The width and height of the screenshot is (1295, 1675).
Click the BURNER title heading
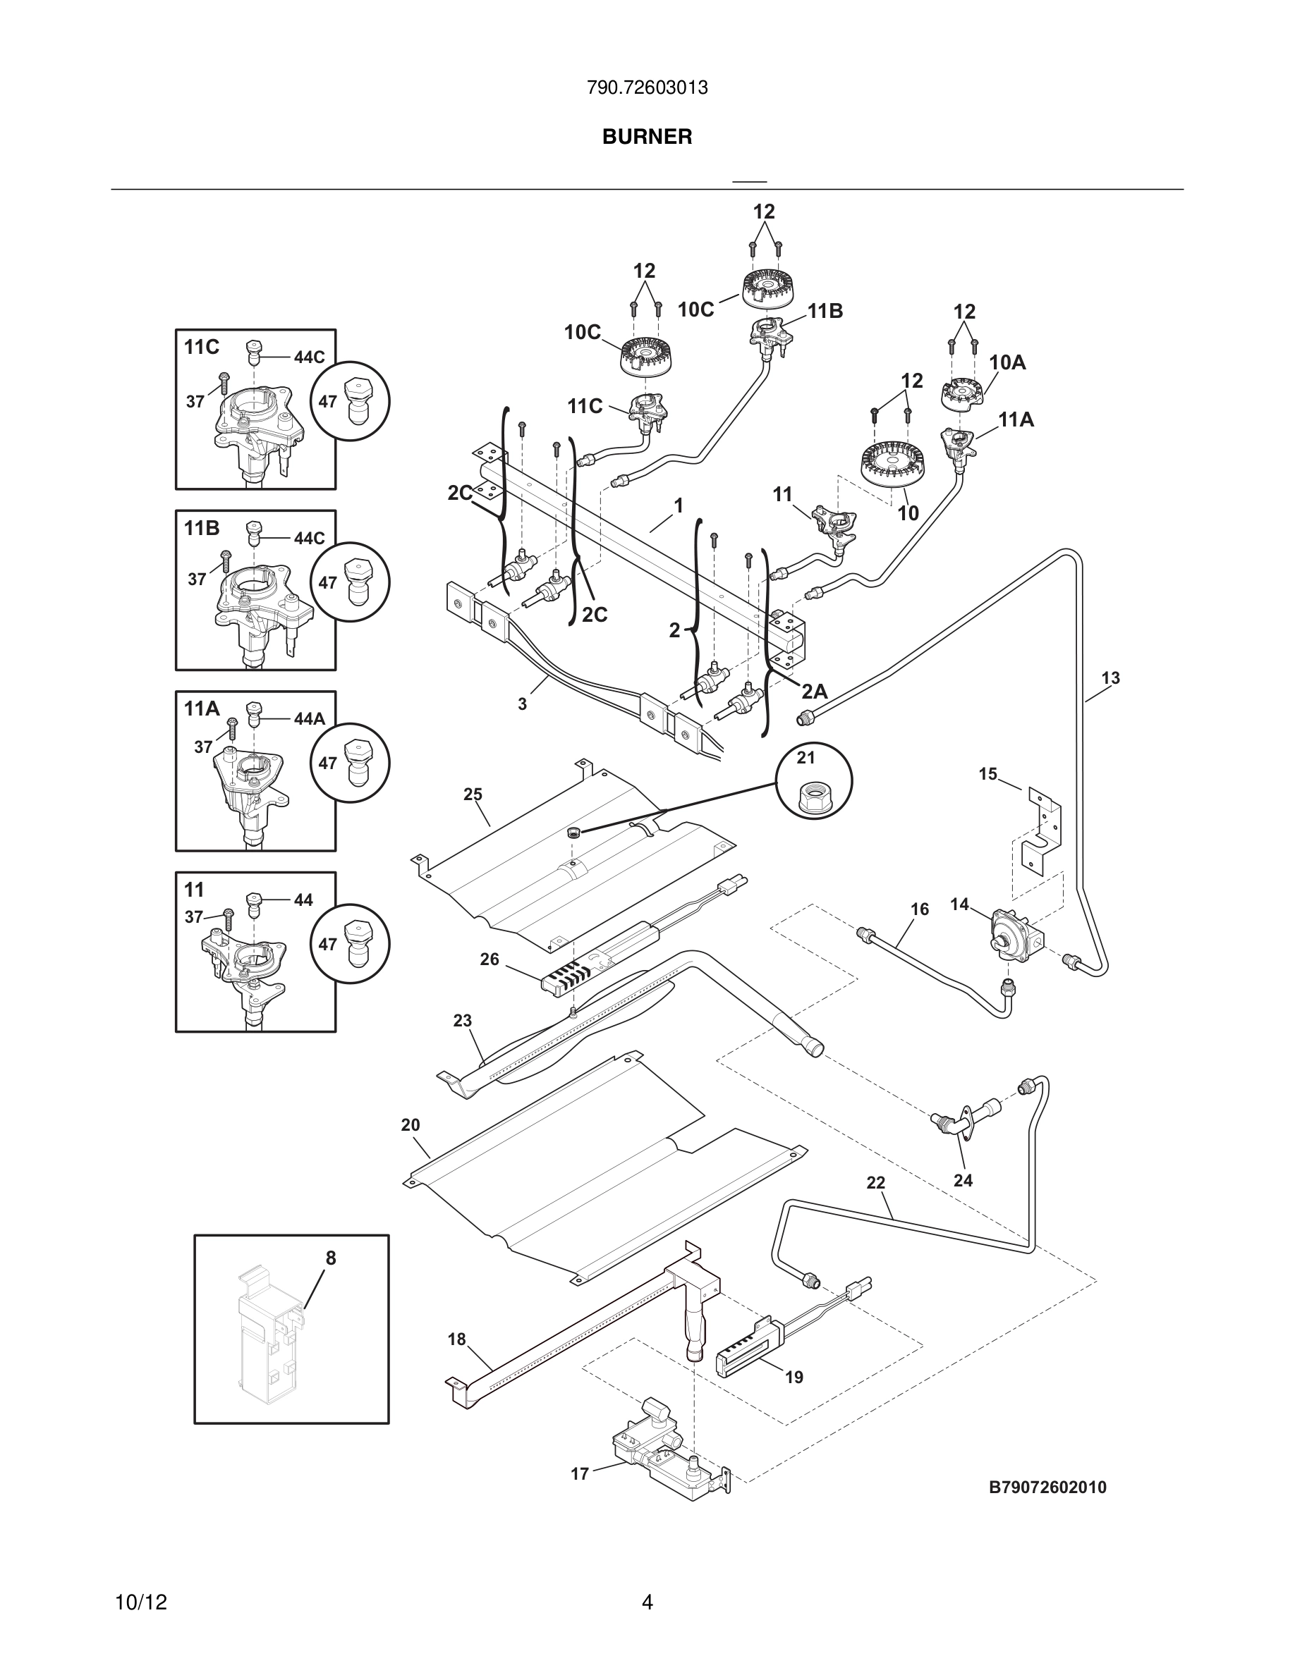coord(647,137)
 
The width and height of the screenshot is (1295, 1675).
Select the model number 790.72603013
coord(647,88)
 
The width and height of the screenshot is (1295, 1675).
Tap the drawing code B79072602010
coord(1047,1487)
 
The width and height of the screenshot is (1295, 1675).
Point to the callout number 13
coord(1110,678)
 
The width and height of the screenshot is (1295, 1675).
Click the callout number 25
coord(473,794)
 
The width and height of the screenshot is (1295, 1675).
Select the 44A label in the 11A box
coord(309,718)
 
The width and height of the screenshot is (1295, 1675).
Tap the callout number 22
coord(875,1184)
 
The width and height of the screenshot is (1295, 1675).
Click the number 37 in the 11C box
coord(195,401)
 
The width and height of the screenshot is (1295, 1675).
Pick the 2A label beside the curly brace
coord(814,691)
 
